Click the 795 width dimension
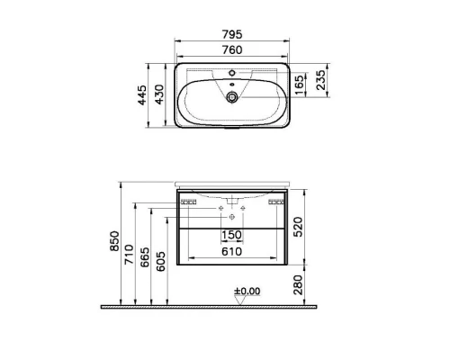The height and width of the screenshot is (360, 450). click(232, 34)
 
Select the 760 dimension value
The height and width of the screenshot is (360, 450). click(232, 49)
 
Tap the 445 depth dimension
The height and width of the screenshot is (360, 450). click(142, 95)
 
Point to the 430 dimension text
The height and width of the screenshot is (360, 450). click(159, 94)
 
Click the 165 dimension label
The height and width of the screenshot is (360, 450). click(299, 85)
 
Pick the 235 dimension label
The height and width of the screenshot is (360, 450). click(320, 80)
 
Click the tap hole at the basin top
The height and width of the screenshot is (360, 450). click(231, 73)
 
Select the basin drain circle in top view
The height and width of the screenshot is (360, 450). click(231, 97)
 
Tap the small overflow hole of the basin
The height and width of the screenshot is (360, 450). click(231, 85)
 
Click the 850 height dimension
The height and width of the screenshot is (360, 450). click(114, 241)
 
